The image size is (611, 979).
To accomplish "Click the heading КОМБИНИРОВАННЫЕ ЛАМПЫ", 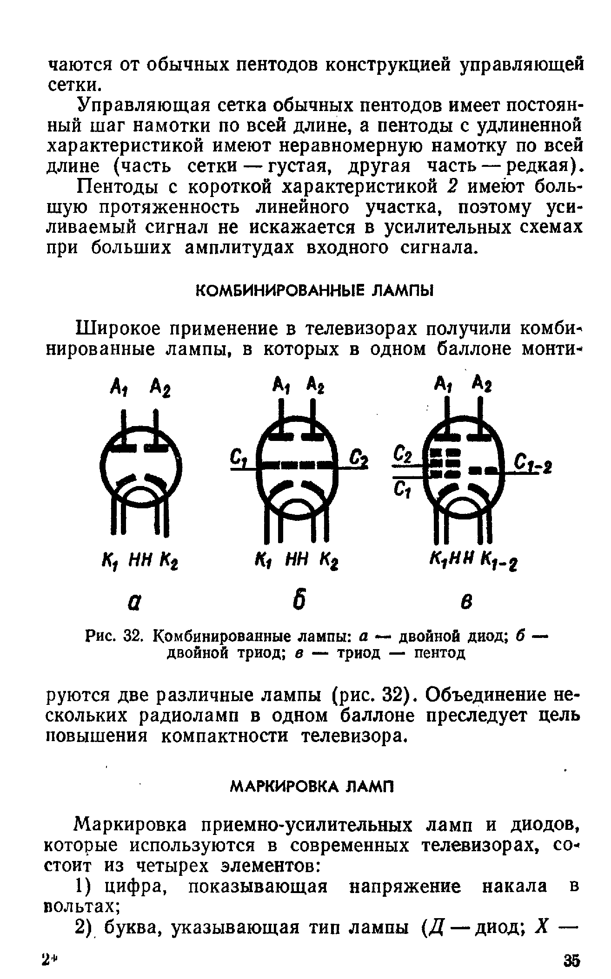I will [313, 292].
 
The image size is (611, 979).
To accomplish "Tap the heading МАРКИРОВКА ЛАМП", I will [312, 786].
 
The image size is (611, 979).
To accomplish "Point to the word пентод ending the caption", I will [439, 653].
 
